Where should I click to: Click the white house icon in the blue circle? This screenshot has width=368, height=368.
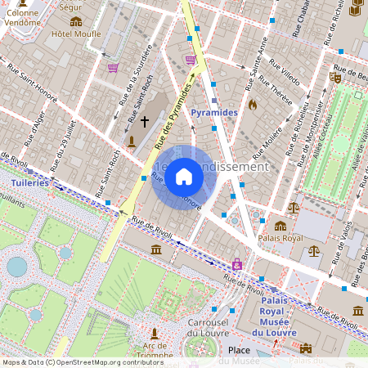184,177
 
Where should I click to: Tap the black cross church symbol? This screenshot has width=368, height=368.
145,122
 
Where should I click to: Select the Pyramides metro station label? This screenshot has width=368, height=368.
213,111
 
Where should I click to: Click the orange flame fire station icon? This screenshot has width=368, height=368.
252,105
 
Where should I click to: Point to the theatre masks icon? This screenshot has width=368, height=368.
334,77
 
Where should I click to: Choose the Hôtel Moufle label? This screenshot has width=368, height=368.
76,34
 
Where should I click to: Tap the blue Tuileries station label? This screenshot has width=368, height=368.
30,183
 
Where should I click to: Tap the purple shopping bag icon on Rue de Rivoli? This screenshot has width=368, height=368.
237,264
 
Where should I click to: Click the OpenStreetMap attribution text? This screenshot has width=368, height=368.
71,362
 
